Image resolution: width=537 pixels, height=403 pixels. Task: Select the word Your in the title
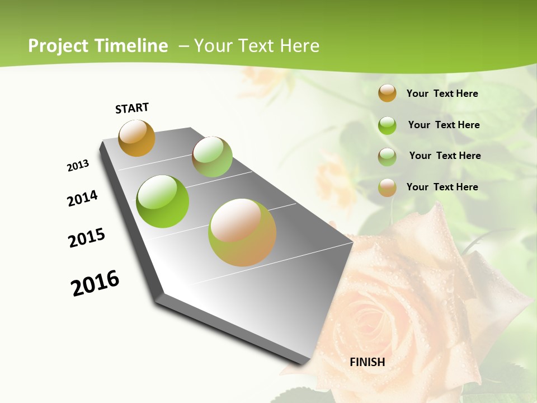click(213, 46)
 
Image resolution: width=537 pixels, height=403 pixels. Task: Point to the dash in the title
click(183, 46)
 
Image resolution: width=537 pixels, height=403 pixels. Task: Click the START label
click(132, 108)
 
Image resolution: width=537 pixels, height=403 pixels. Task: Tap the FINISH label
click(368, 362)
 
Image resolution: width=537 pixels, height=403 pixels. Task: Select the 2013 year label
click(78, 166)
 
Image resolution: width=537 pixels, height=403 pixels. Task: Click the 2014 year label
click(82, 198)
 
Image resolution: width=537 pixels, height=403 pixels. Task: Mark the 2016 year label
click(95, 283)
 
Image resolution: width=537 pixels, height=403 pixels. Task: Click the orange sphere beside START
click(136, 138)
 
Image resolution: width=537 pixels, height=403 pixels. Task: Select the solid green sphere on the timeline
click(163, 201)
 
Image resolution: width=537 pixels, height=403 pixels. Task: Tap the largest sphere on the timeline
click(242, 232)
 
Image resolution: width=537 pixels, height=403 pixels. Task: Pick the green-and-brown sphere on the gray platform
click(212, 157)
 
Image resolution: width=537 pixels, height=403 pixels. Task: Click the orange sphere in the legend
click(387, 93)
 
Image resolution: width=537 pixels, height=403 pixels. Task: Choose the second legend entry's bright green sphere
click(387, 125)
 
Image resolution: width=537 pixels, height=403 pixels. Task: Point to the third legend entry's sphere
click(387, 157)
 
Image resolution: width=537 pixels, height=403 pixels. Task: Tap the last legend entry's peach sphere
click(387, 188)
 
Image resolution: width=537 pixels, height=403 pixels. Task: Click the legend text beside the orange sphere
click(442, 93)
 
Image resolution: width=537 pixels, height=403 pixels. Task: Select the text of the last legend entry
click(442, 187)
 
